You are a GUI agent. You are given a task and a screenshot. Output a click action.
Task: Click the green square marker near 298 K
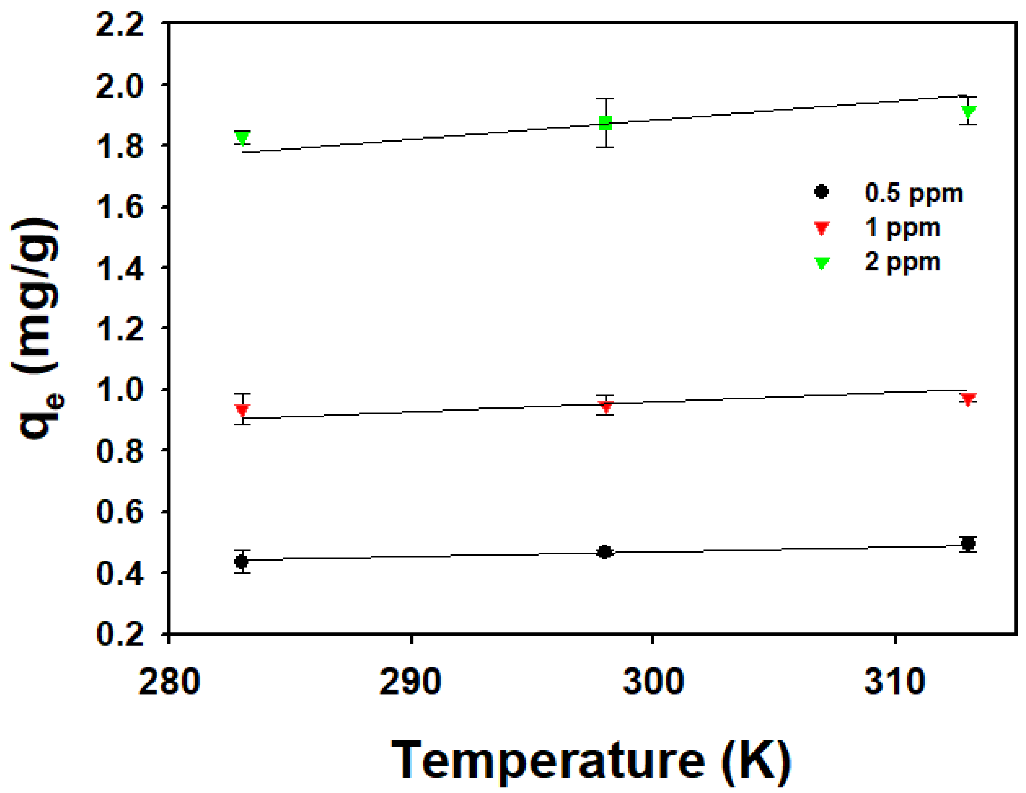point(605,123)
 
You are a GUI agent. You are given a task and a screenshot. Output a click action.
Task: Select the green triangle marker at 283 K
point(242,138)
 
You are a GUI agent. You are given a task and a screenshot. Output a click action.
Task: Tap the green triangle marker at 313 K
point(969,111)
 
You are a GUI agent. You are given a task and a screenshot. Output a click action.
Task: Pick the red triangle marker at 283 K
point(242,410)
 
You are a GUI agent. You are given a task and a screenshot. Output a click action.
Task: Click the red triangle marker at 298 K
point(605,406)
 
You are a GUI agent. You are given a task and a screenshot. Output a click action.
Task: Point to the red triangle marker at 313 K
point(968,399)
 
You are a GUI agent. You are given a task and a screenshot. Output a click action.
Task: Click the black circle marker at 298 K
point(605,552)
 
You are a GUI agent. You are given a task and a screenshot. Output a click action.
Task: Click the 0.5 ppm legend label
point(914,193)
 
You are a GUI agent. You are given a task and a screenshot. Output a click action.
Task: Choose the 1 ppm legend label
point(902,227)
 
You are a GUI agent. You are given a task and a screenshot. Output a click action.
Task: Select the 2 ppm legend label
point(902,262)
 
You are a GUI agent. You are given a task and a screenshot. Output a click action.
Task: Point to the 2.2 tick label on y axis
point(120,24)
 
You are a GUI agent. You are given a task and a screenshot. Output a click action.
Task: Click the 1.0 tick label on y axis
point(120,390)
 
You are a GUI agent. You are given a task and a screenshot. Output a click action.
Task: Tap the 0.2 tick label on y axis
point(120,633)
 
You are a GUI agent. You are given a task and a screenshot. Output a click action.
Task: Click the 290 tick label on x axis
point(411,682)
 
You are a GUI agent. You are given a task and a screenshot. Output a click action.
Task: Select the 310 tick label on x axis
point(895,682)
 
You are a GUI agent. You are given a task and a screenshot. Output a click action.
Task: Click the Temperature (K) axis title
point(591,760)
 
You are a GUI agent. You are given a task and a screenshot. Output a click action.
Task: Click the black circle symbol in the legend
point(822,192)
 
